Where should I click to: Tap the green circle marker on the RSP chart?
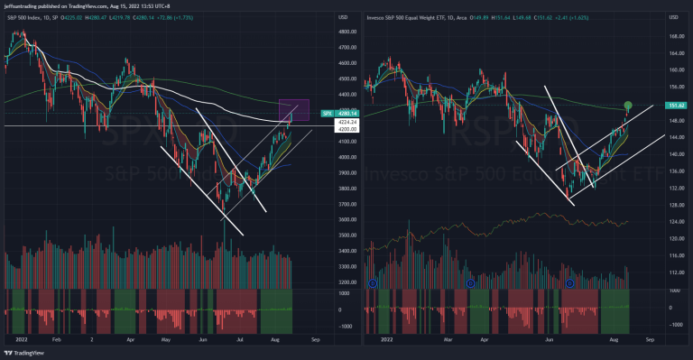point(627,106)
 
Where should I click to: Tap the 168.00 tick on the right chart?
point(672,37)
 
